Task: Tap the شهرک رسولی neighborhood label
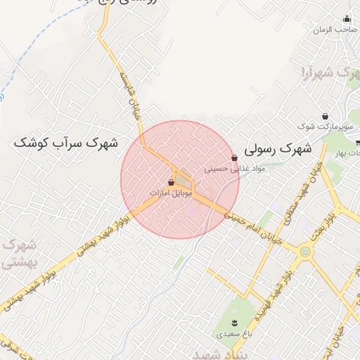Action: (279, 150)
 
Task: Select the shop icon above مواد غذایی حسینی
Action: (234, 158)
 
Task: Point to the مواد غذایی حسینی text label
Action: (226, 169)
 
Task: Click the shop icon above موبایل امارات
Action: (172, 181)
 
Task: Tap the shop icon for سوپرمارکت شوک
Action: (325, 116)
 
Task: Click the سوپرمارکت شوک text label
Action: (326, 127)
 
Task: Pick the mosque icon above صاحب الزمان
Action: (346, 19)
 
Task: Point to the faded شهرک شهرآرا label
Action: (326, 73)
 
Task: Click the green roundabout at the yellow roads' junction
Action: (305, 251)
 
